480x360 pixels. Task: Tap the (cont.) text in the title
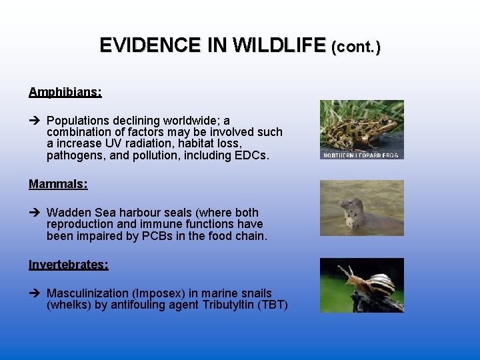click(x=356, y=47)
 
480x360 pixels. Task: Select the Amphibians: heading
click(x=65, y=92)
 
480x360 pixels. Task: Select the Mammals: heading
click(x=58, y=184)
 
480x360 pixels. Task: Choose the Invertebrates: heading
click(x=68, y=265)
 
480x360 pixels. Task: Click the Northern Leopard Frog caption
click(x=361, y=155)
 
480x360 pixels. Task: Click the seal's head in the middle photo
click(x=349, y=208)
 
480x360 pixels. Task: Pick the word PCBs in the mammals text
click(x=159, y=236)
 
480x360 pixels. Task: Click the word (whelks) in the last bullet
click(x=69, y=305)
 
